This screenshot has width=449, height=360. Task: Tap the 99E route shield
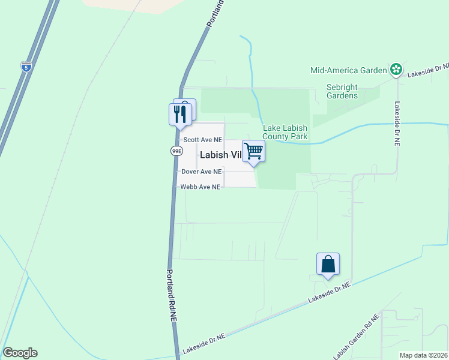click(x=176, y=151)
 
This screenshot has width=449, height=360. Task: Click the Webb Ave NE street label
click(x=201, y=187)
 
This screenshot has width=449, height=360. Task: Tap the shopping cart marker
click(x=254, y=151)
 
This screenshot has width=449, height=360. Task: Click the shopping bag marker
click(x=328, y=264)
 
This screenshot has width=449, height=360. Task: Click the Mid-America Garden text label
click(x=348, y=70)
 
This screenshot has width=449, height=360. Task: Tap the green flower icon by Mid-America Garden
click(x=396, y=70)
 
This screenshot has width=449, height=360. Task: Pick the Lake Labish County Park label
click(x=285, y=132)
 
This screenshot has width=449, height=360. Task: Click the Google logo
click(x=20, y=353)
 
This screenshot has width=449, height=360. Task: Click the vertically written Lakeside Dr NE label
click(x=397, y=124)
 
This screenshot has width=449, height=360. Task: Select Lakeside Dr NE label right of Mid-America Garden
click(x=428, y=71)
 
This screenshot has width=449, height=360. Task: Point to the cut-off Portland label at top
click(x=215, y=13)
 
